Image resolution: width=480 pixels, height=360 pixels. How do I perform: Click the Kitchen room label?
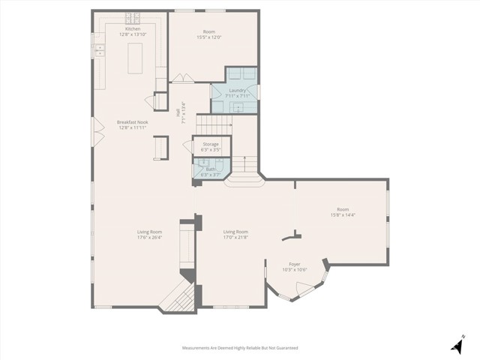point(121,29)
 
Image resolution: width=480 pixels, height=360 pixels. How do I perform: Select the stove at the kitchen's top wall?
point(133,17)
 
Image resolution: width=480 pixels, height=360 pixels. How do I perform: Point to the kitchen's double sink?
point(98,51)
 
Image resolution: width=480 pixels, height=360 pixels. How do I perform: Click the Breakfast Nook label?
point(132,122)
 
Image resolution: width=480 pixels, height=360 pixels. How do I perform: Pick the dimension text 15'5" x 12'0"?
point(209,37)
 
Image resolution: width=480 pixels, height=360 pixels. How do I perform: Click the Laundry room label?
point(237,91)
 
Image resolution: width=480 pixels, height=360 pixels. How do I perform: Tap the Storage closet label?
point(211,143)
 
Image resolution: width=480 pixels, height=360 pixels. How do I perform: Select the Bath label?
point(211,169)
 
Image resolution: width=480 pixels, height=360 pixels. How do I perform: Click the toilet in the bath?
point(199,171)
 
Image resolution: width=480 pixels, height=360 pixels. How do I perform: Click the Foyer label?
point(295,264)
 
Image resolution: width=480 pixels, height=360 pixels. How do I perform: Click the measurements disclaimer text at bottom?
point(240,348)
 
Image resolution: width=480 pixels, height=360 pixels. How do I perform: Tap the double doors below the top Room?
point(182,78)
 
